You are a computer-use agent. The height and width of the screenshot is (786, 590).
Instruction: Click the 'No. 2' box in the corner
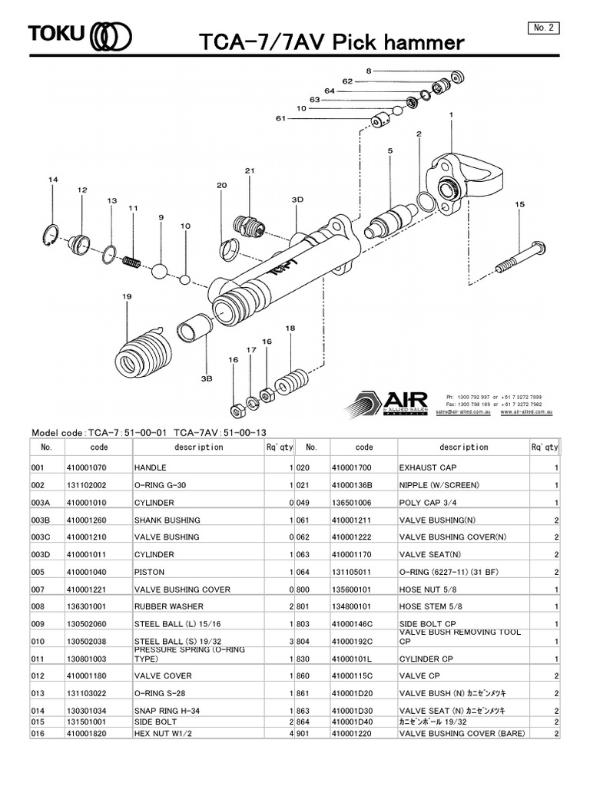[543, 28]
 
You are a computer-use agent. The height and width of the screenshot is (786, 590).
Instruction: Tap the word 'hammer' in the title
[420, 42]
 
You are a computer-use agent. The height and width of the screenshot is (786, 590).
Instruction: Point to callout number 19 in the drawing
[126, 296]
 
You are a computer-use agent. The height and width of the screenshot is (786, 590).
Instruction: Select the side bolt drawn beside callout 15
[521, 256]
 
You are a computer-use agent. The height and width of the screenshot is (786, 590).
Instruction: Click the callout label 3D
[297, 199]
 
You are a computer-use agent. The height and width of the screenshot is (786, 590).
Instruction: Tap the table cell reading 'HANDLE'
[151, 467]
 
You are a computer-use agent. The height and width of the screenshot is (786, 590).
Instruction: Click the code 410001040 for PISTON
[88, 572]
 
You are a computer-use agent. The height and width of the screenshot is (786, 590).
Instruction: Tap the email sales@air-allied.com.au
[464, 411]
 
